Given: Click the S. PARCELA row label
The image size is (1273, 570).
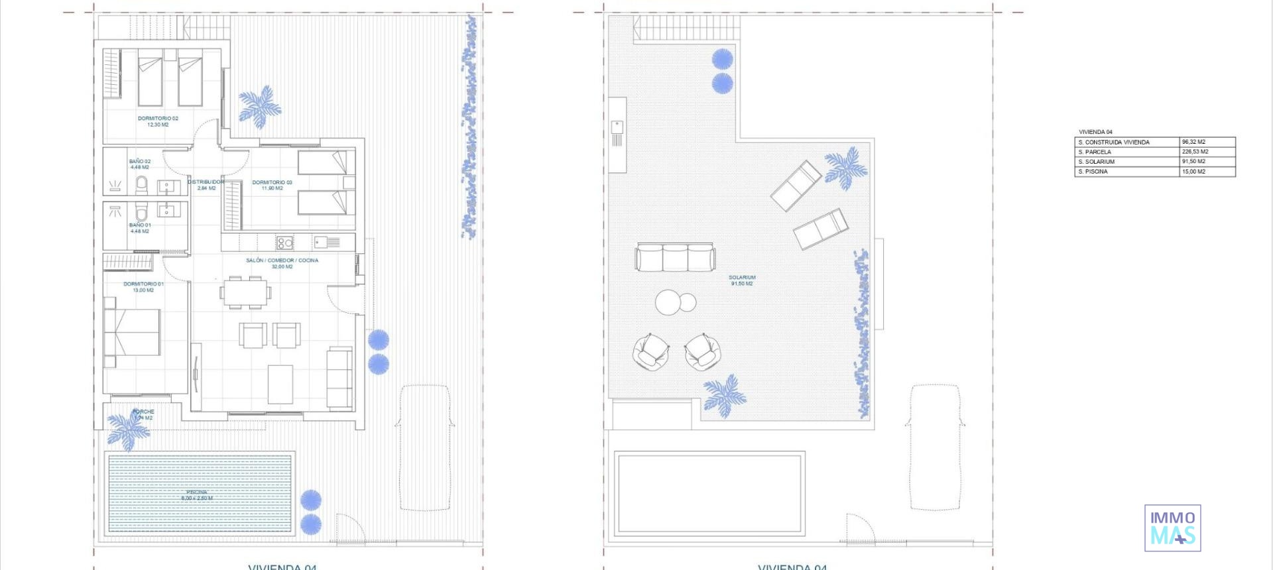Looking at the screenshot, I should tap(1095, 152).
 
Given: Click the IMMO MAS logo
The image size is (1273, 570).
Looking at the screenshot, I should tap(1172, 528).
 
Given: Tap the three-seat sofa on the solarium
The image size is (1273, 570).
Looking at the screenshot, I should tap(675, 257).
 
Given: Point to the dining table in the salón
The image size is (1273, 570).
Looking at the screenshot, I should tap(245, 292).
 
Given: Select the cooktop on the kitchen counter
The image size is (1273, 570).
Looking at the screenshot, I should tap(285, 243).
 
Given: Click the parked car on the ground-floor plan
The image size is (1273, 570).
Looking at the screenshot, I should tap(425, 447).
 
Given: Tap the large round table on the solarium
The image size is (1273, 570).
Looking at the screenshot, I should tap(668, 302).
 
